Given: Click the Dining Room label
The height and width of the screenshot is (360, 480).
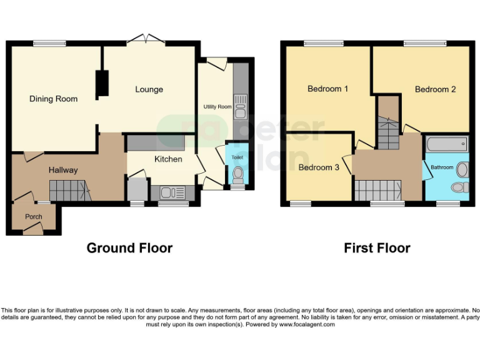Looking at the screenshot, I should pos(54,99).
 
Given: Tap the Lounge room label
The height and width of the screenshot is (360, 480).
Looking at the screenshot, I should pos(149,89).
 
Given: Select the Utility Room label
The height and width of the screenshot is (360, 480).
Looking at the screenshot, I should pos(217,107).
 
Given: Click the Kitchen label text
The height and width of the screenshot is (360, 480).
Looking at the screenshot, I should pos(168,159).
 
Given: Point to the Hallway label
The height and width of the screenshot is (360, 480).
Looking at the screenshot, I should pos(63,170).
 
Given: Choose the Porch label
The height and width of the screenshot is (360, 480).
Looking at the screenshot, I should pos(33,217).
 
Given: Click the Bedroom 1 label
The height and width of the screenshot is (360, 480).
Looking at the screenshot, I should pos(328,89).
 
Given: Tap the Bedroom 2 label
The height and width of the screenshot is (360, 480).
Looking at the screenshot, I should pos(435,89).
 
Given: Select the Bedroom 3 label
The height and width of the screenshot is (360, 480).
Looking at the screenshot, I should pos(319,167).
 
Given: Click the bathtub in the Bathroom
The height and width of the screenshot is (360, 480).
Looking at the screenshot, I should pos(446,145).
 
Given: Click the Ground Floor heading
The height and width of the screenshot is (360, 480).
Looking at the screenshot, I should pos(129,248).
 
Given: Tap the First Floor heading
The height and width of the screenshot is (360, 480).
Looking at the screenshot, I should pos(377,248).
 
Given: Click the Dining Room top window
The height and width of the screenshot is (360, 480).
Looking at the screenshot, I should pos(50,43).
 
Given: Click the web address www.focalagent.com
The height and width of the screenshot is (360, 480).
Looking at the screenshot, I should pos(306,324).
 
